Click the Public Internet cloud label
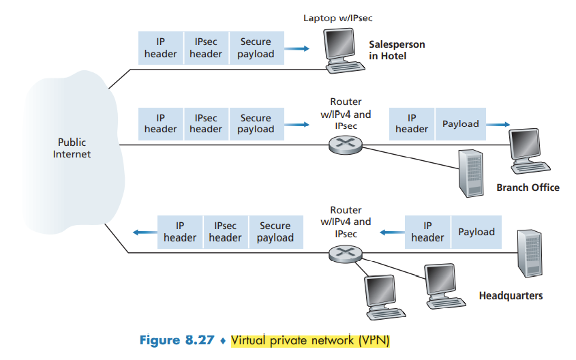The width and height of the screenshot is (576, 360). coord(72,148)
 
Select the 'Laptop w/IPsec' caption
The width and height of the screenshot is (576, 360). coord(337,18)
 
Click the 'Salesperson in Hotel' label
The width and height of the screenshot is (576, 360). coord(397,50)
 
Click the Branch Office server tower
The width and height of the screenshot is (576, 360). coord(470,172)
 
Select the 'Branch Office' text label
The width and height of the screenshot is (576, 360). coord(528,187)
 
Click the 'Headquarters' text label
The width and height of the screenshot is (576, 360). coord(511,296)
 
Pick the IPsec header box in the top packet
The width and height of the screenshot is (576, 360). coord(206,48)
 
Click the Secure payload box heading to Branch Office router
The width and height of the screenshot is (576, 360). coord(256,123)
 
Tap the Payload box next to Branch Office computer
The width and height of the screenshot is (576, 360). coord(461,123)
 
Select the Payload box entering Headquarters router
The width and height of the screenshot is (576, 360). coord(476,232)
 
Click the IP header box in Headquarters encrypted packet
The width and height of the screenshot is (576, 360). coord(180,232)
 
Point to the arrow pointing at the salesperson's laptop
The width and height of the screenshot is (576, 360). coord(295,48)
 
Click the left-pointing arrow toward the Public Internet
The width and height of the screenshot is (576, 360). coord(144,232)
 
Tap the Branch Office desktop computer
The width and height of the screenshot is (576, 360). coord(530,149)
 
